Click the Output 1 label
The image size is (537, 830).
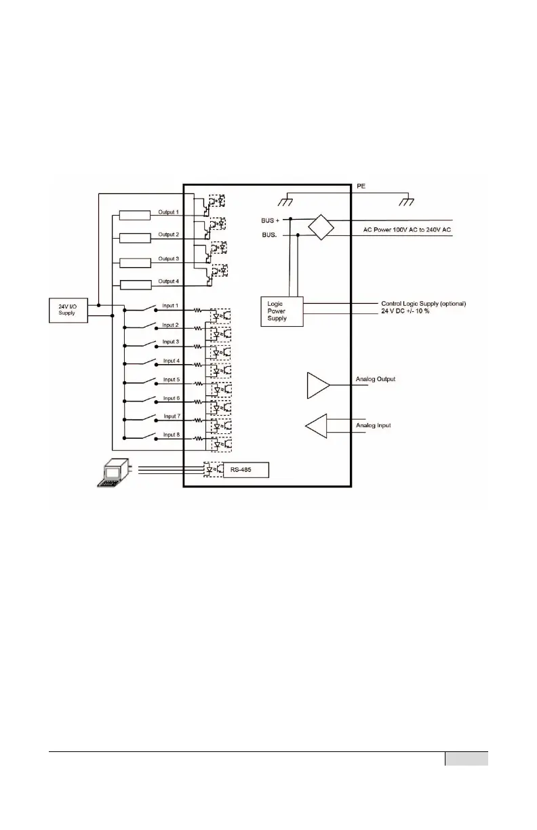(x=168, y=212)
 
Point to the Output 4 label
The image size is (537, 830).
(x=168, y=281)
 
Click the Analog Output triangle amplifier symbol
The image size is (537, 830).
(x=318, y=384)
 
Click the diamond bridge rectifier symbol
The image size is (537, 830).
(x=321, y=226)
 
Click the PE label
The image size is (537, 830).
(x=361, y=184)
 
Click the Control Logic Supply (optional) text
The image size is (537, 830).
(x=424, y=303)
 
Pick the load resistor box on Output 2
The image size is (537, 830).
(x=134, y=238)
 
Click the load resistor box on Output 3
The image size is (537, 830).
(x=134, y=262)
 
